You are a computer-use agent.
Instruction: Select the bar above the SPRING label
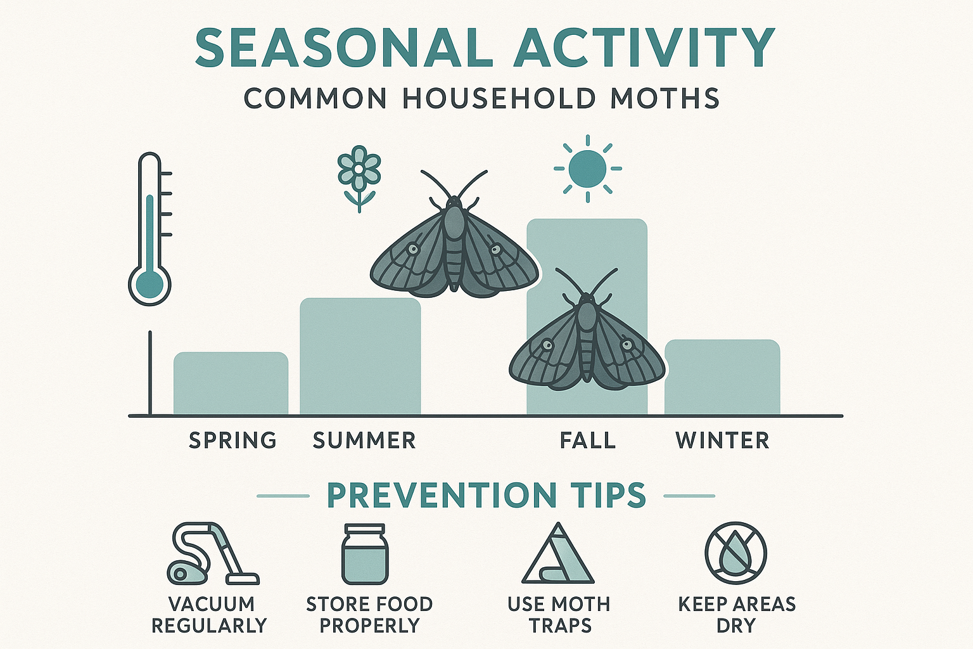(x=231, y=383)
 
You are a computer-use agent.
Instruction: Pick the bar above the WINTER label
(x=722, y=377)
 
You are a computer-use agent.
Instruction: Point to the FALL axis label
(x=587, y=440)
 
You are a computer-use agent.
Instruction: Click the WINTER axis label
(x=722, y=440)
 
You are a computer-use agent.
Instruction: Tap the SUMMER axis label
(x=364, y=440)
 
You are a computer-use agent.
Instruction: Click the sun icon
(x=587, y=169)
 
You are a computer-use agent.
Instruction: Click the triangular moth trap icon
(x=557, y=555)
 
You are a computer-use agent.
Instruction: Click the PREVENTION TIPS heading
(x=486, y=496)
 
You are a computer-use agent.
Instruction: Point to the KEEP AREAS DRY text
(x=736, y=615)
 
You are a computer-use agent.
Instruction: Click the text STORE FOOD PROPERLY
(x=369, y=615)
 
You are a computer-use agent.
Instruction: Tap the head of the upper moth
(x=454, y=204)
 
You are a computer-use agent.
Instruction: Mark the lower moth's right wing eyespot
(x=627, y=344)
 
